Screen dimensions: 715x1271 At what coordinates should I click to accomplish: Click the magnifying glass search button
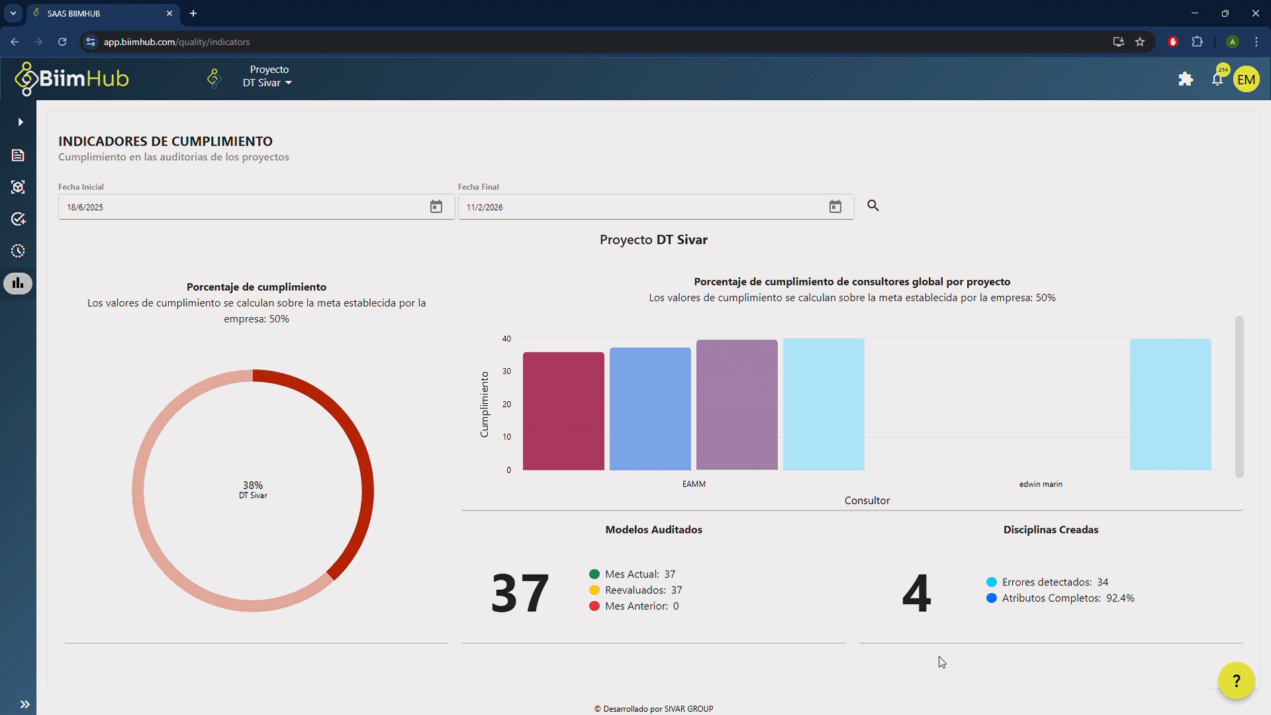[873, 206]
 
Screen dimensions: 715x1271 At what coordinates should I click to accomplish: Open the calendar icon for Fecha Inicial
[436, 207]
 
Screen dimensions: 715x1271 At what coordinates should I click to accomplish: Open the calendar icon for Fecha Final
[835, 207]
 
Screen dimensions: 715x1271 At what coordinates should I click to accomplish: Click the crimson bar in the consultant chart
[563, 411]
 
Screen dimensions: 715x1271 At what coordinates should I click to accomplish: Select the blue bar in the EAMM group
[650, 409]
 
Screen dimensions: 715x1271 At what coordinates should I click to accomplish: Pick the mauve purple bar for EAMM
[737, 405]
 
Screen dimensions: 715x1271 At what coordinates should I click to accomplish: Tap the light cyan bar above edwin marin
[1170, 405]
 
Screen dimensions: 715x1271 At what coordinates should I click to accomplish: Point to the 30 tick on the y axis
[506, 371]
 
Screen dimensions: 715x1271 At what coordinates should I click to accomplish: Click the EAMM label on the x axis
[694, 484]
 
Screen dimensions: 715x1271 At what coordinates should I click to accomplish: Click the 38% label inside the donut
[253, 485]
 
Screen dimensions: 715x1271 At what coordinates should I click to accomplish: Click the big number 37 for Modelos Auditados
[520, 593]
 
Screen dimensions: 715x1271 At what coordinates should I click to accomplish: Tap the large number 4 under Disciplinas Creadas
[916, 593]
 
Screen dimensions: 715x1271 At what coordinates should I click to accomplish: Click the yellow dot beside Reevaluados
[594, 590]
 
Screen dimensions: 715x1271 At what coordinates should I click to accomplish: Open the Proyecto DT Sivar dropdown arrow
[289, 83]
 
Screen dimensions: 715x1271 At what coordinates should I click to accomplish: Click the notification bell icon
[1217, 79]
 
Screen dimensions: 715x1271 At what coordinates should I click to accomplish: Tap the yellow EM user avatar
[1246, 79]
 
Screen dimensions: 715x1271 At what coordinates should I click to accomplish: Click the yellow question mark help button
[1236, 681]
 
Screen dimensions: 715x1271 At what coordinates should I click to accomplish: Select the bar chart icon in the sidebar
[18, 283]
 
